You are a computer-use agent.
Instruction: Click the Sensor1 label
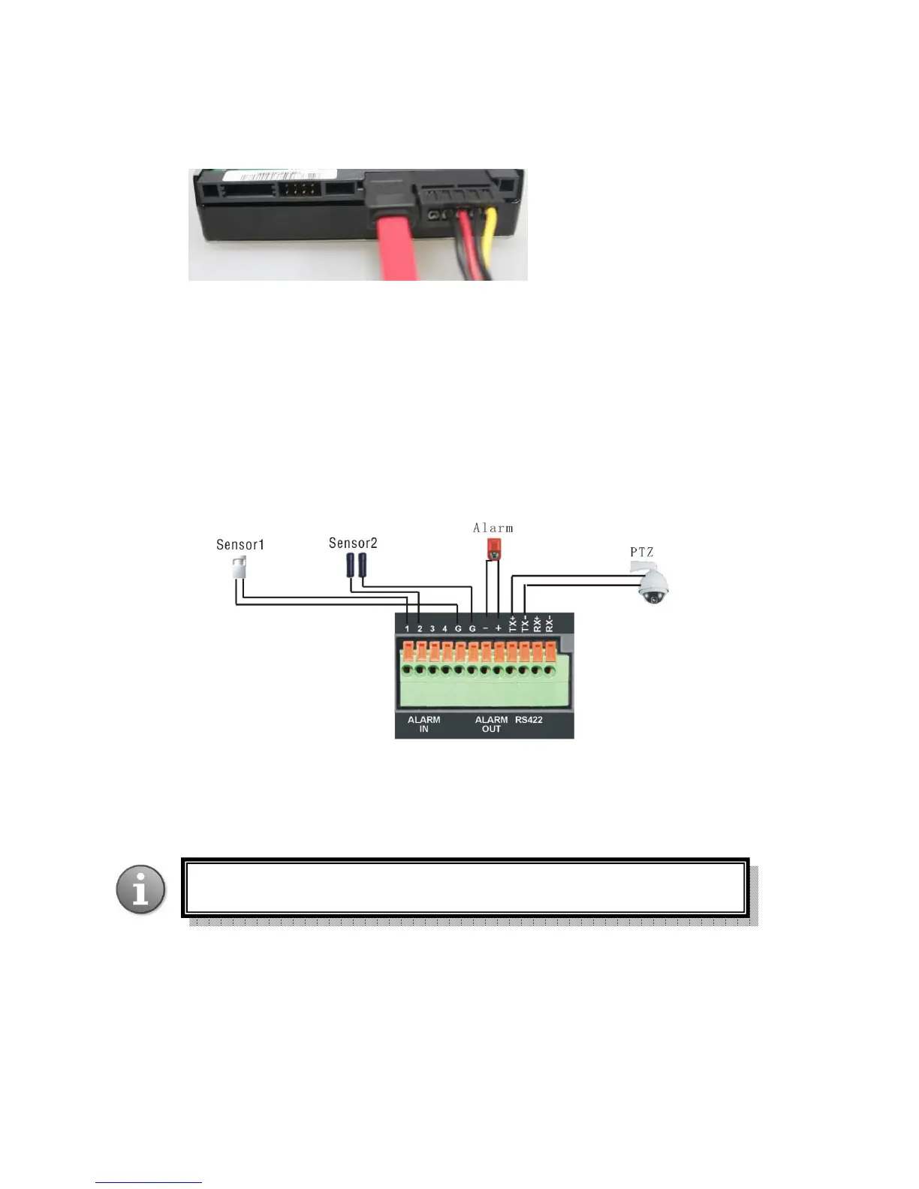coord(240,544)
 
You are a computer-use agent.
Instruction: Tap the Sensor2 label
coord(353,543)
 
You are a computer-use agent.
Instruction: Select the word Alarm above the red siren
coord(493,528)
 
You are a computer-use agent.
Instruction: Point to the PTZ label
coord(641,552)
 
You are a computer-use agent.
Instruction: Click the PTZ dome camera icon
coord(652,586)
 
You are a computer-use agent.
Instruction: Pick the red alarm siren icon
coord(493,549)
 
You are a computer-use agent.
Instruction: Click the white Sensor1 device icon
coord(240,567)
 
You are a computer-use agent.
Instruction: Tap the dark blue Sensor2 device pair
coord(356,564)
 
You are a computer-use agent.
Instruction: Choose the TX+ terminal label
coord(512,622)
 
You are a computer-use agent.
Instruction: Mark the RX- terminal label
coord(550,622)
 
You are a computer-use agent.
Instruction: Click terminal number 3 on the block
coord(432,628)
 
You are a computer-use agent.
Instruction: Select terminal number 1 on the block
coord(407,628)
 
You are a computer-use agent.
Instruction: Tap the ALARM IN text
coord(423,724)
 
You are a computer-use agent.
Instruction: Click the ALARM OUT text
coord(491,724)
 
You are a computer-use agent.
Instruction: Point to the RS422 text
coord(529,719)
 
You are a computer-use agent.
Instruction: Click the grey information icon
coord(140,889)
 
